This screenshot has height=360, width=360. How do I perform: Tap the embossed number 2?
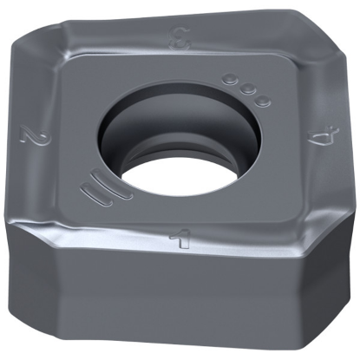pyautogui.click(x=35, y=136)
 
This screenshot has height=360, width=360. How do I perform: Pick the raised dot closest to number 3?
pyautogui.click(x=230, y=81)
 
